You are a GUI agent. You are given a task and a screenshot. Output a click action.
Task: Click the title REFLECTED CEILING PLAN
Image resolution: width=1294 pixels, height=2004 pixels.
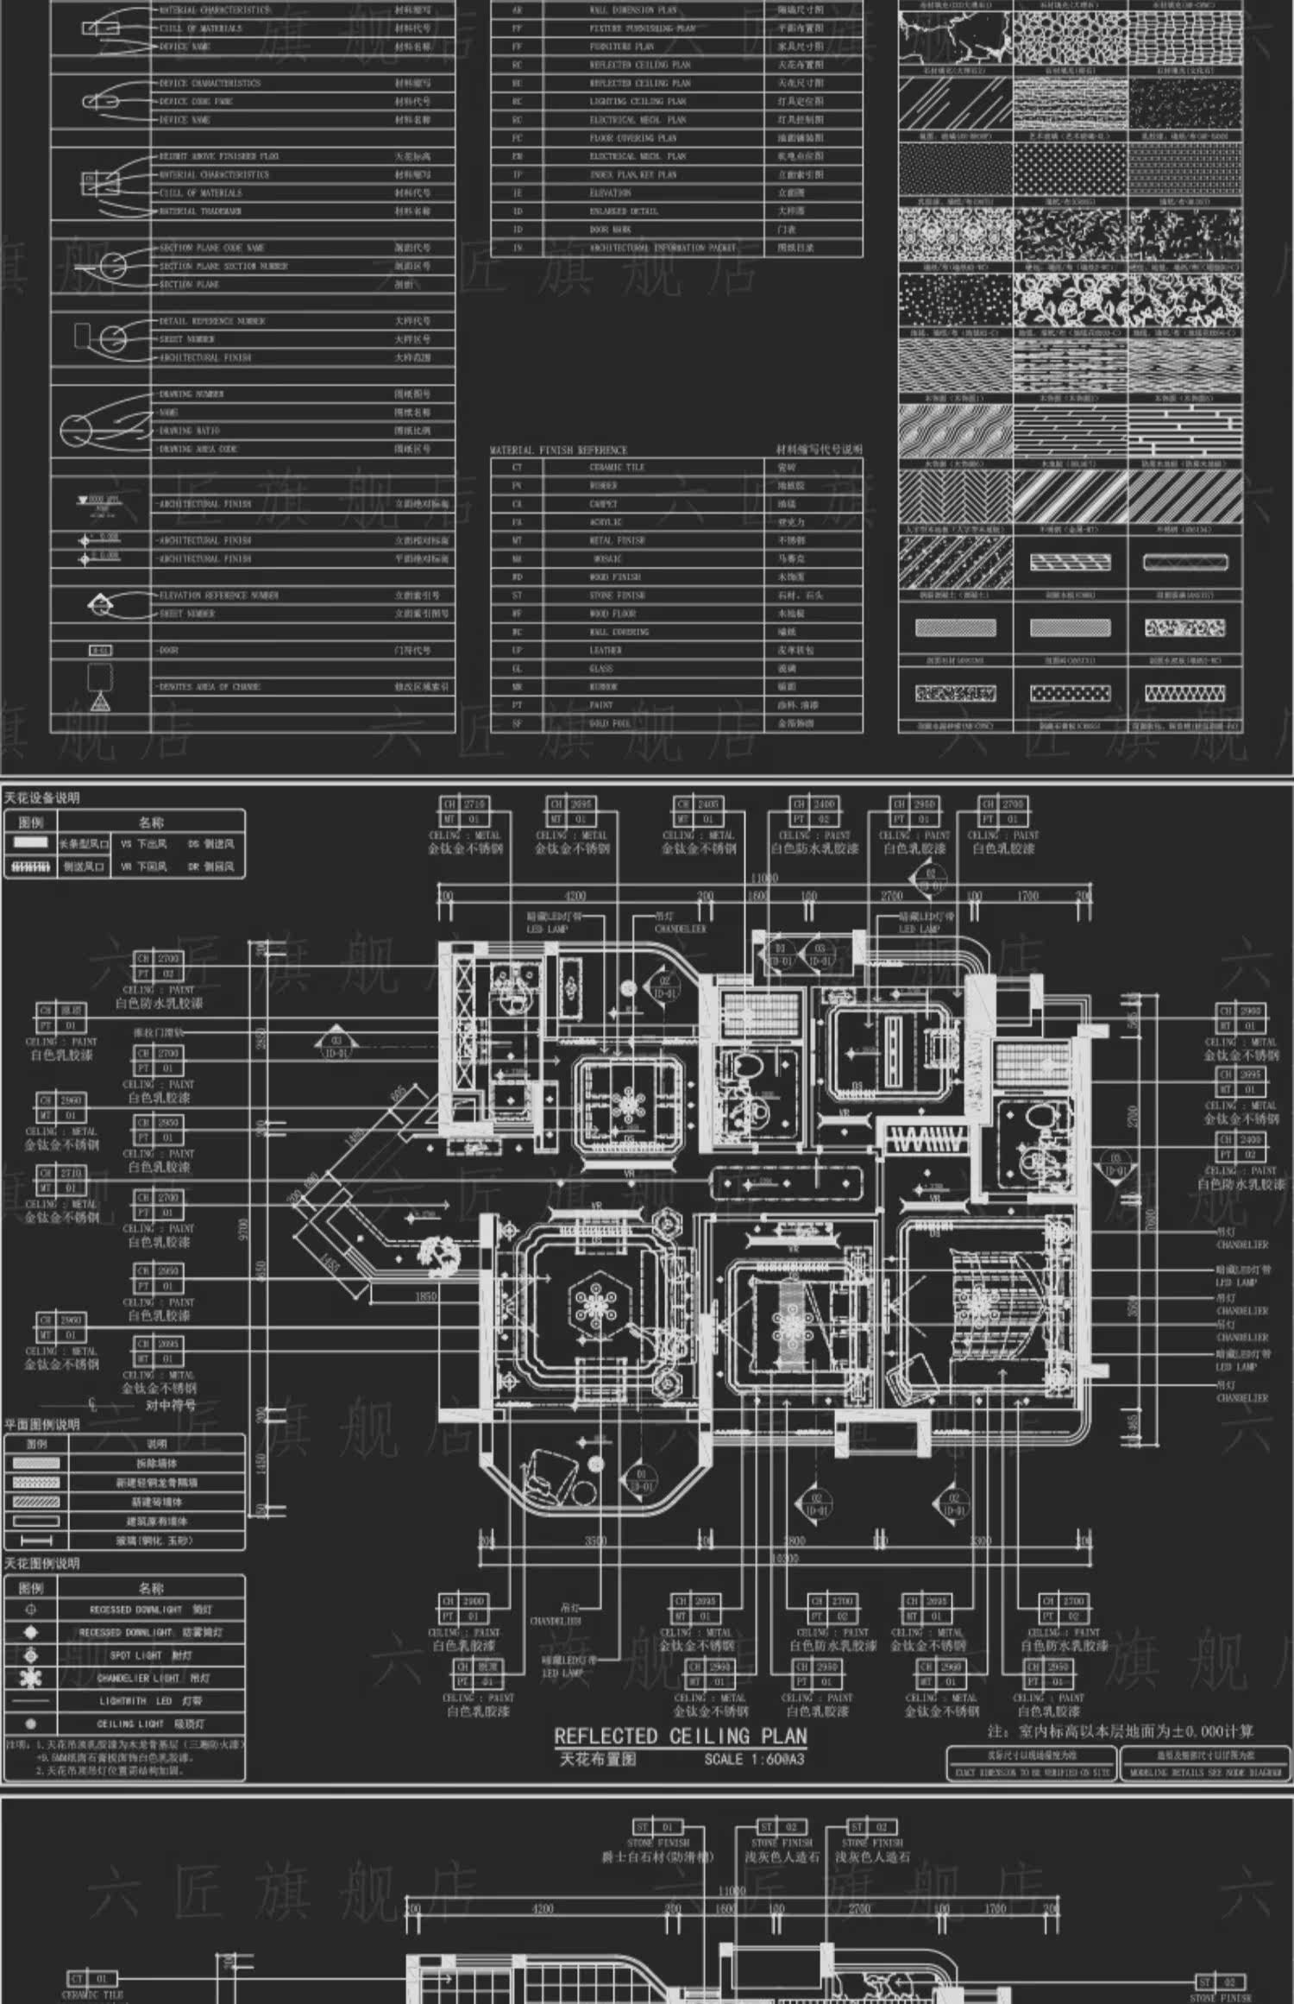click(x=680, y=1736)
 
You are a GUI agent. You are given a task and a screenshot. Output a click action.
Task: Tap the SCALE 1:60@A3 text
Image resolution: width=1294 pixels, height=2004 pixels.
click(x=754, y=1759)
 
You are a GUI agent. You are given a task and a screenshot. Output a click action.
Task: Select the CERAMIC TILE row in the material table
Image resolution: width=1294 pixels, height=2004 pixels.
click(x=617, y=467)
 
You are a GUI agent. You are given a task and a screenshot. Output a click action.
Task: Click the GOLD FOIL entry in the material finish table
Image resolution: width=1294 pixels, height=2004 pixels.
click(x=610, y=723)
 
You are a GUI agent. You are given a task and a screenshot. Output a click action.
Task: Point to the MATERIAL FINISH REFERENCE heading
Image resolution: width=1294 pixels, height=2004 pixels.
click(x=558, y=450)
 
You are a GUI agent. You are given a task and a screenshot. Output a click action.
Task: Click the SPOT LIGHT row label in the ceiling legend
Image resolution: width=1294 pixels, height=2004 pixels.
click(x=151, y=1655)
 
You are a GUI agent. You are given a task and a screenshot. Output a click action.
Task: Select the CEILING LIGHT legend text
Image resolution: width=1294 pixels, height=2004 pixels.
click(x=150, y=1724)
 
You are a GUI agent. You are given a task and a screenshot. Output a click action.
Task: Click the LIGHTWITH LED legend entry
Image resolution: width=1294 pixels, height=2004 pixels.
click(x=150, y=1701)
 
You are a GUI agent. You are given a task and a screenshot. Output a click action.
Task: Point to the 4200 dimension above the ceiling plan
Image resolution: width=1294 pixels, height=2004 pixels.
click(x=575, y=897)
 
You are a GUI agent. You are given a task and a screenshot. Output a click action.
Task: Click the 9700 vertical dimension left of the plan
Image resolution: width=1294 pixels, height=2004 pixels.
click(x=244, y=1228)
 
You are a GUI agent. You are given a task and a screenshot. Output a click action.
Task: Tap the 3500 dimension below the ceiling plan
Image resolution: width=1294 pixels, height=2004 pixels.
click(x=595, y=1541)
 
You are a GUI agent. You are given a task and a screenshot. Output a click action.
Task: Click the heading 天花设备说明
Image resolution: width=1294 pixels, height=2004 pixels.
click(x=41, y=797)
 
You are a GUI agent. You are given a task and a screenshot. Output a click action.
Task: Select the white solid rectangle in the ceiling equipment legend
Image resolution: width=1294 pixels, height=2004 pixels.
click(x=31, y=843)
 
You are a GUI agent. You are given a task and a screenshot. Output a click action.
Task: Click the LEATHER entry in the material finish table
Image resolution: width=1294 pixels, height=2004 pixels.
click(x=605, y=650)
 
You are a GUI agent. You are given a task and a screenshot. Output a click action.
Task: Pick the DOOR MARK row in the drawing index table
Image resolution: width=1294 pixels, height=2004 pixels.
click(x=610, y=230)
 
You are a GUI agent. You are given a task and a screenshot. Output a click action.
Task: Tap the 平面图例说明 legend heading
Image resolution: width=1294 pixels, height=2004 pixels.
click(x=41, y=1424)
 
